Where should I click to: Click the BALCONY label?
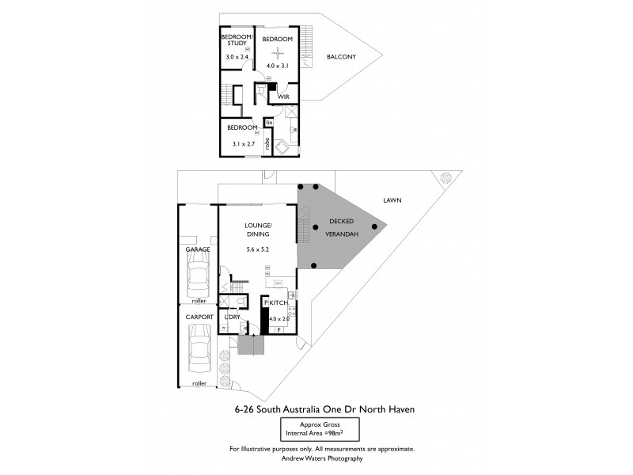341,56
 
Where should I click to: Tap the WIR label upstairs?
282,97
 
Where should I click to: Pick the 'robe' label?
268,143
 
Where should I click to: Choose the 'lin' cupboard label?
269,122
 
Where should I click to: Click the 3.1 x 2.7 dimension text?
242,144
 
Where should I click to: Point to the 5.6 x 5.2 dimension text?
258,250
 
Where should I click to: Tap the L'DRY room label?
233,317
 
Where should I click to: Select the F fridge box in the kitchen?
279,329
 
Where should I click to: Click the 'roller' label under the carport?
199,383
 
